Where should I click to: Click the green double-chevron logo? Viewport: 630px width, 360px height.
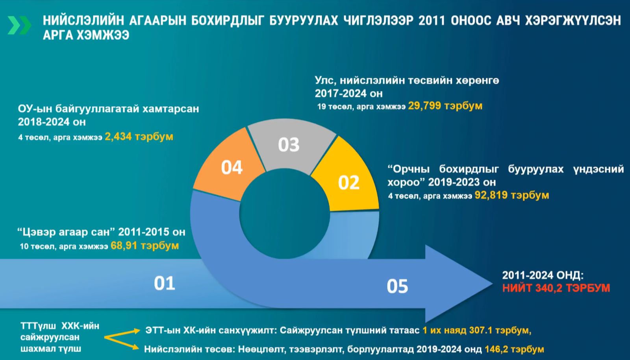pos(19,25)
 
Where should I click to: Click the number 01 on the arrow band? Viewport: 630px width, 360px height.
pos(165,283)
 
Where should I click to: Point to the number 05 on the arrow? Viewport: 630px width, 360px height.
pos(397,286)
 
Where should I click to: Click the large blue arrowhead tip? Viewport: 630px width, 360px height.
pos(492,284)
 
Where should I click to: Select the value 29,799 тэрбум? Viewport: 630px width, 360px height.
pos(445,106)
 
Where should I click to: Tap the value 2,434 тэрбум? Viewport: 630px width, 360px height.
pos(139,137)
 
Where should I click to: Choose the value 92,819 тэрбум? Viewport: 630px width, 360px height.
pos(511,195)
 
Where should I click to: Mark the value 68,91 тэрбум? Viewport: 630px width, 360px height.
pos(145,246)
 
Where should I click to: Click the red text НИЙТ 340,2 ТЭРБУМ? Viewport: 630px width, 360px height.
pos(556,288)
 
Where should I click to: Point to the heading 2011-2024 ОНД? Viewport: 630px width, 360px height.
pos(543,275)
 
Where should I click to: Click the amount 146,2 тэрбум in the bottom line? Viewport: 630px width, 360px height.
pos(514,349)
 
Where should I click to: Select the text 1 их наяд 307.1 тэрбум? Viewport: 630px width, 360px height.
pos(477,330)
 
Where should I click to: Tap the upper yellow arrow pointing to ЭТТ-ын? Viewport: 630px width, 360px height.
pos(122,334)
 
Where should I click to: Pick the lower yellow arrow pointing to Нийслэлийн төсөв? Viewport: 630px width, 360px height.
pos(122,343)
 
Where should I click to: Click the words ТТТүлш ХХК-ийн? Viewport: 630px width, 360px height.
pos(60,326)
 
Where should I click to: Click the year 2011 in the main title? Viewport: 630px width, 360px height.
pos(432,20)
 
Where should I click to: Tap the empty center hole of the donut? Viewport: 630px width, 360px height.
pos(284,214)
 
